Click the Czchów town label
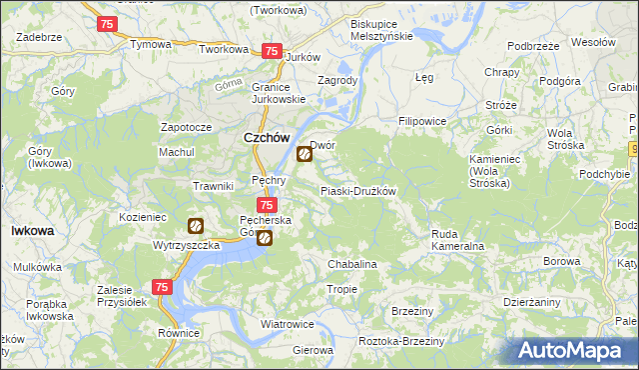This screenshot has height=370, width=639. pos(266,139)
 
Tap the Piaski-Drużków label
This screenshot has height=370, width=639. pos(358,191)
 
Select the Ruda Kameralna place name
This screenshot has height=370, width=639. pos(457,239)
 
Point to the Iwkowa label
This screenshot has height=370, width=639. pos(32,230)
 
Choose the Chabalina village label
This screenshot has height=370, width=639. pos(352,264)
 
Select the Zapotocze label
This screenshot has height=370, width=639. pos(186,128)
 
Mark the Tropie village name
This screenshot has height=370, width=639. pos(341,289)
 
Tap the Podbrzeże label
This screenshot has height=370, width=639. pos(532,46)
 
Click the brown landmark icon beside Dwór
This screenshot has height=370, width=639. pos(305,154)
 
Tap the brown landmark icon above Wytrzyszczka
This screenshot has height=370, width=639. pos(196,227)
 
